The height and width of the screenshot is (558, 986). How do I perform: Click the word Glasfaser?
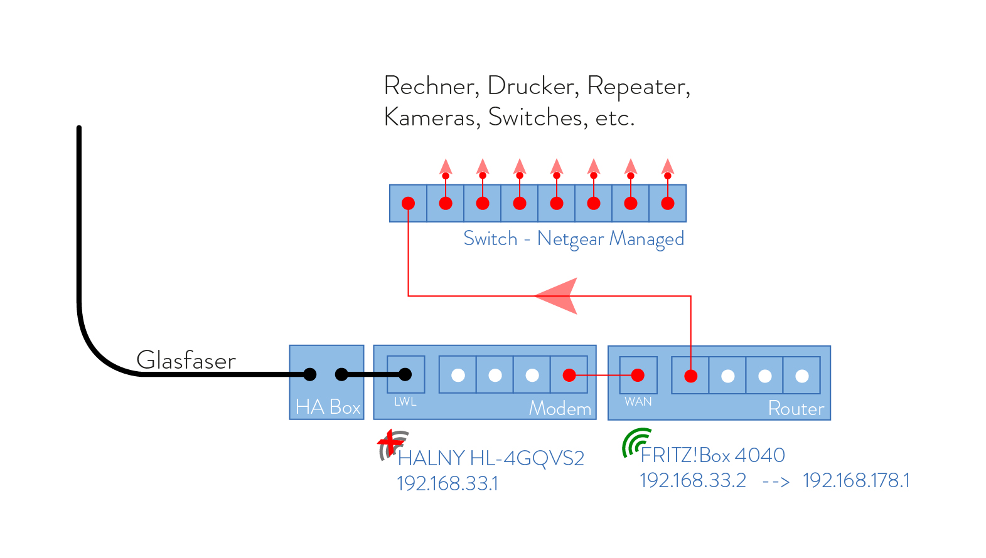(x=186, y=361)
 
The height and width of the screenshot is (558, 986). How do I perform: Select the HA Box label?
(x=328, y=407)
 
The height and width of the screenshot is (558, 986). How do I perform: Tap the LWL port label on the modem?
(x=405, y=402)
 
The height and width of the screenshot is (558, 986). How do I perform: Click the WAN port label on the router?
(x=638, y=402)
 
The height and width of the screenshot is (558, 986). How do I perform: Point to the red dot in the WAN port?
(x=638, y=376)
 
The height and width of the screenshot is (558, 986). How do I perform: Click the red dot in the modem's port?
(x=569, y=376)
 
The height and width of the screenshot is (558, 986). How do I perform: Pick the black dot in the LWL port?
(x=405, y=374)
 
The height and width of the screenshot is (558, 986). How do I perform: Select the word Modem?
(x=560, y=409)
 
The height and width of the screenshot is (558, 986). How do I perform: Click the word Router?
(x=796, y=409)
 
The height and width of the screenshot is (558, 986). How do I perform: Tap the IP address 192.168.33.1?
(x=447, y=483)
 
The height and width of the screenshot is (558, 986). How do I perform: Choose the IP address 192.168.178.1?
(x=856, y=480)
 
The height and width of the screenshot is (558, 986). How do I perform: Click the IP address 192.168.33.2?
(x=692, y=480)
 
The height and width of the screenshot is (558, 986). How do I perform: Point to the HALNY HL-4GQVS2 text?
(x=491, y=458)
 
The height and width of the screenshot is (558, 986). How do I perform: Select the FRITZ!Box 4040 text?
(x=712, y=455)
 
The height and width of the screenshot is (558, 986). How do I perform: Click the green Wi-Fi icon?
(x=635, y=441)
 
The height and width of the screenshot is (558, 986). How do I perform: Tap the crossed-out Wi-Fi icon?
(x=392, y=444)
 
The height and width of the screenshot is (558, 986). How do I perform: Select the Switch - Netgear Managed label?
(x=573, y=239)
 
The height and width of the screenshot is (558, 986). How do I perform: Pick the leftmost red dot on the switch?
(x=409, y=203)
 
